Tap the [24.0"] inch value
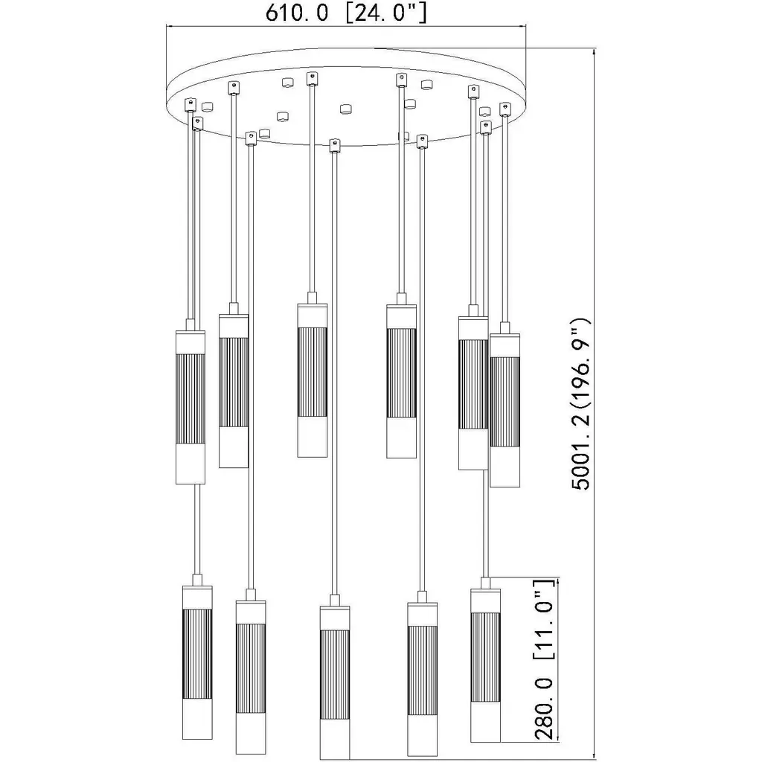click(x=386, y=13)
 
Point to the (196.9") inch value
click(x=581, y=364)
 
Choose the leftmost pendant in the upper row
click(x=190, y=401)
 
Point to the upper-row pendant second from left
click(x=234, y=385)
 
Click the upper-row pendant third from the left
click(x=313, y=375)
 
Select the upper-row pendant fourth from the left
click(x=401, y=376)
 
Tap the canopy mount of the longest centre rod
click(x=334, y=146)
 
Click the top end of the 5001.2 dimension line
click(x=595, y=48)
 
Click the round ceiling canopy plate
click(x=347, y=97)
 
